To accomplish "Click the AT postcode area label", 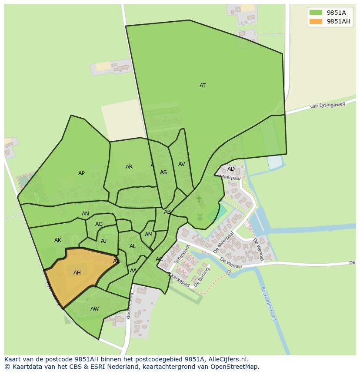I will (203, 86).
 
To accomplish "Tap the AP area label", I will (81, 173).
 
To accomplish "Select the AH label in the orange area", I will (77, 273).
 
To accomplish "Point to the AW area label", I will (94, 309).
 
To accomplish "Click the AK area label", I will (58, 240).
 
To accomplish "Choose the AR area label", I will (129, 167).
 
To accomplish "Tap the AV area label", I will (182, 164).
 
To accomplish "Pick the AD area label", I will (231, 169).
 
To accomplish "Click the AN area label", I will (85, 214).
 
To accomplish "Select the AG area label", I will (99, 224).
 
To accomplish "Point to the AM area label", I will (149, 235).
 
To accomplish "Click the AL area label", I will (133, 246).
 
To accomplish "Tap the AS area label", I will (163, 172).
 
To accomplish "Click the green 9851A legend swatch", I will (316, 13).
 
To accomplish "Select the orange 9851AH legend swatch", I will (316, 22).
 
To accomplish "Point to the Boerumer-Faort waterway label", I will (268, 303).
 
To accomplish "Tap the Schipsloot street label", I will (182, 254).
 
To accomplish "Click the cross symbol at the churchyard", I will (199, 199).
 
